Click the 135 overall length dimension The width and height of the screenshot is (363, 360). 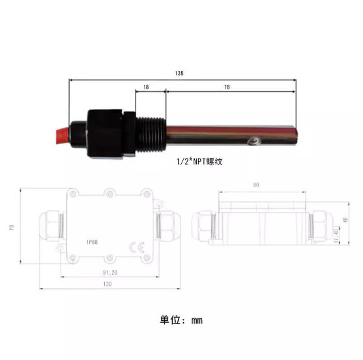tap(179, 74)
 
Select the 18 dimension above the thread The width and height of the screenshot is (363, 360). tap(145, 86)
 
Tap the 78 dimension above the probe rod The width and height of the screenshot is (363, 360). tap(226, 86)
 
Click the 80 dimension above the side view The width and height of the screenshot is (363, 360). tap(255, 185)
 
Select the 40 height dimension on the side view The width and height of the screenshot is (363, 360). tap(354, 220)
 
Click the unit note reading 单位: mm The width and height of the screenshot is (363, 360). tap(182, 321)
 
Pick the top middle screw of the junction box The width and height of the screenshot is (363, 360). tap(109, 193)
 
